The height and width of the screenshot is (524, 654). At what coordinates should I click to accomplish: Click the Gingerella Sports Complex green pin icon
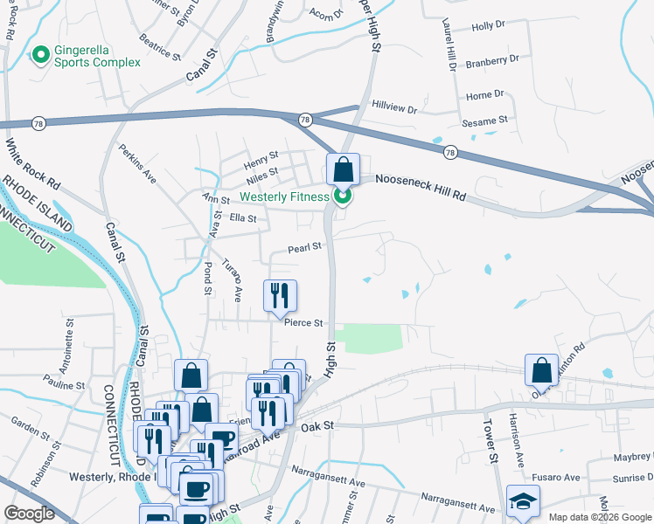40,56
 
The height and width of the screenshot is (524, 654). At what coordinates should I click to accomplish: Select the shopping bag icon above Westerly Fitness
343,169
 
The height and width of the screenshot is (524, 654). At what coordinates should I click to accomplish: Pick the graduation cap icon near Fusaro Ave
523,501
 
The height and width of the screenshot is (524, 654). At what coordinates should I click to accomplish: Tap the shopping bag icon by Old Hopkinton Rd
541,369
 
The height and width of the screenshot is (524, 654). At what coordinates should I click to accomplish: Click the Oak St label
317,425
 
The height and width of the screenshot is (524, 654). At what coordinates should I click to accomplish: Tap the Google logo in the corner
29,514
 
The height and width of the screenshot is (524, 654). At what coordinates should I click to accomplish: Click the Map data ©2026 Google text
599,517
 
